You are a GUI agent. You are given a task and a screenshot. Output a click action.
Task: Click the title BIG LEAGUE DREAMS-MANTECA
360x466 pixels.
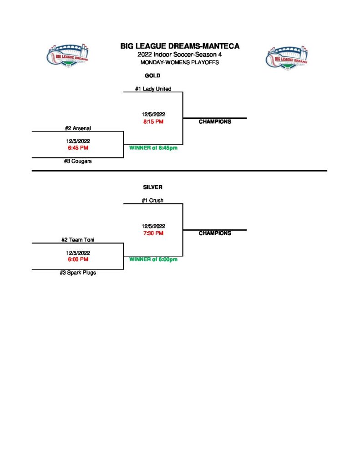(180, 46)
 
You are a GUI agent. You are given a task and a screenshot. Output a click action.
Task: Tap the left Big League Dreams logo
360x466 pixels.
(68, 56)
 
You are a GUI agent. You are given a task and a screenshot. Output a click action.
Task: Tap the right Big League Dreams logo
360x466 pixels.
(286, 56)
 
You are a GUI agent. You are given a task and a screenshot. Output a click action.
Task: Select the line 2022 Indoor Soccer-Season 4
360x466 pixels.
(180, 55)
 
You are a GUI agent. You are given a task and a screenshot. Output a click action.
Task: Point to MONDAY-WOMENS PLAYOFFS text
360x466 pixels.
(180, 62)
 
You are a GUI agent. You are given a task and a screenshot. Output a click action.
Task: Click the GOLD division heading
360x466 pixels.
(152, 76)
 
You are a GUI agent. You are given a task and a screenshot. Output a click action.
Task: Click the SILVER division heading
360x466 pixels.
(152, 187)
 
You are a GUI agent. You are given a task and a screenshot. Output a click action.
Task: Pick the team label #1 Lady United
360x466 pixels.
(153, 89)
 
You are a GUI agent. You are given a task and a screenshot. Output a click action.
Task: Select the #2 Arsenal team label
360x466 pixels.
(78, 128)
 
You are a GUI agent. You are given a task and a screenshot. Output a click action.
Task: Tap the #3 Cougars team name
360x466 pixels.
(78, 161)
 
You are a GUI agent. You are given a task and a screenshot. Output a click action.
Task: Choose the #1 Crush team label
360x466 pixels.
(153, 200)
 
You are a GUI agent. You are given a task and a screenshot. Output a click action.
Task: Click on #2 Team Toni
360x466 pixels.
(78, 240)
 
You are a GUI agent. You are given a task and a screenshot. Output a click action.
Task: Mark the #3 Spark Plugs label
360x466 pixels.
(78, 273)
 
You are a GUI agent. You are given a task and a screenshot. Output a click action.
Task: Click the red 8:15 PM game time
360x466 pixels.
(153, 122)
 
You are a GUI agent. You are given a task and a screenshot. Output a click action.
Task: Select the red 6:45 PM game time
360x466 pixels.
(78, 148)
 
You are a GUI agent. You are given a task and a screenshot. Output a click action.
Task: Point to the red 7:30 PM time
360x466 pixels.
(153, 233)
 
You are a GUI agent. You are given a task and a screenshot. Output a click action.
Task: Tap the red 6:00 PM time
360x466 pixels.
(78, 259)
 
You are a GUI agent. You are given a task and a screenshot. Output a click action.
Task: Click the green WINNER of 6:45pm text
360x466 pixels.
(153, 148)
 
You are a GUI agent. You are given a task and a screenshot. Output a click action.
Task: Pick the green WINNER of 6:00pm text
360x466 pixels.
(153, 259)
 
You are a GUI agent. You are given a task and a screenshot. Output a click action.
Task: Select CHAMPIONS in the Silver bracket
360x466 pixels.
(215, 233)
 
